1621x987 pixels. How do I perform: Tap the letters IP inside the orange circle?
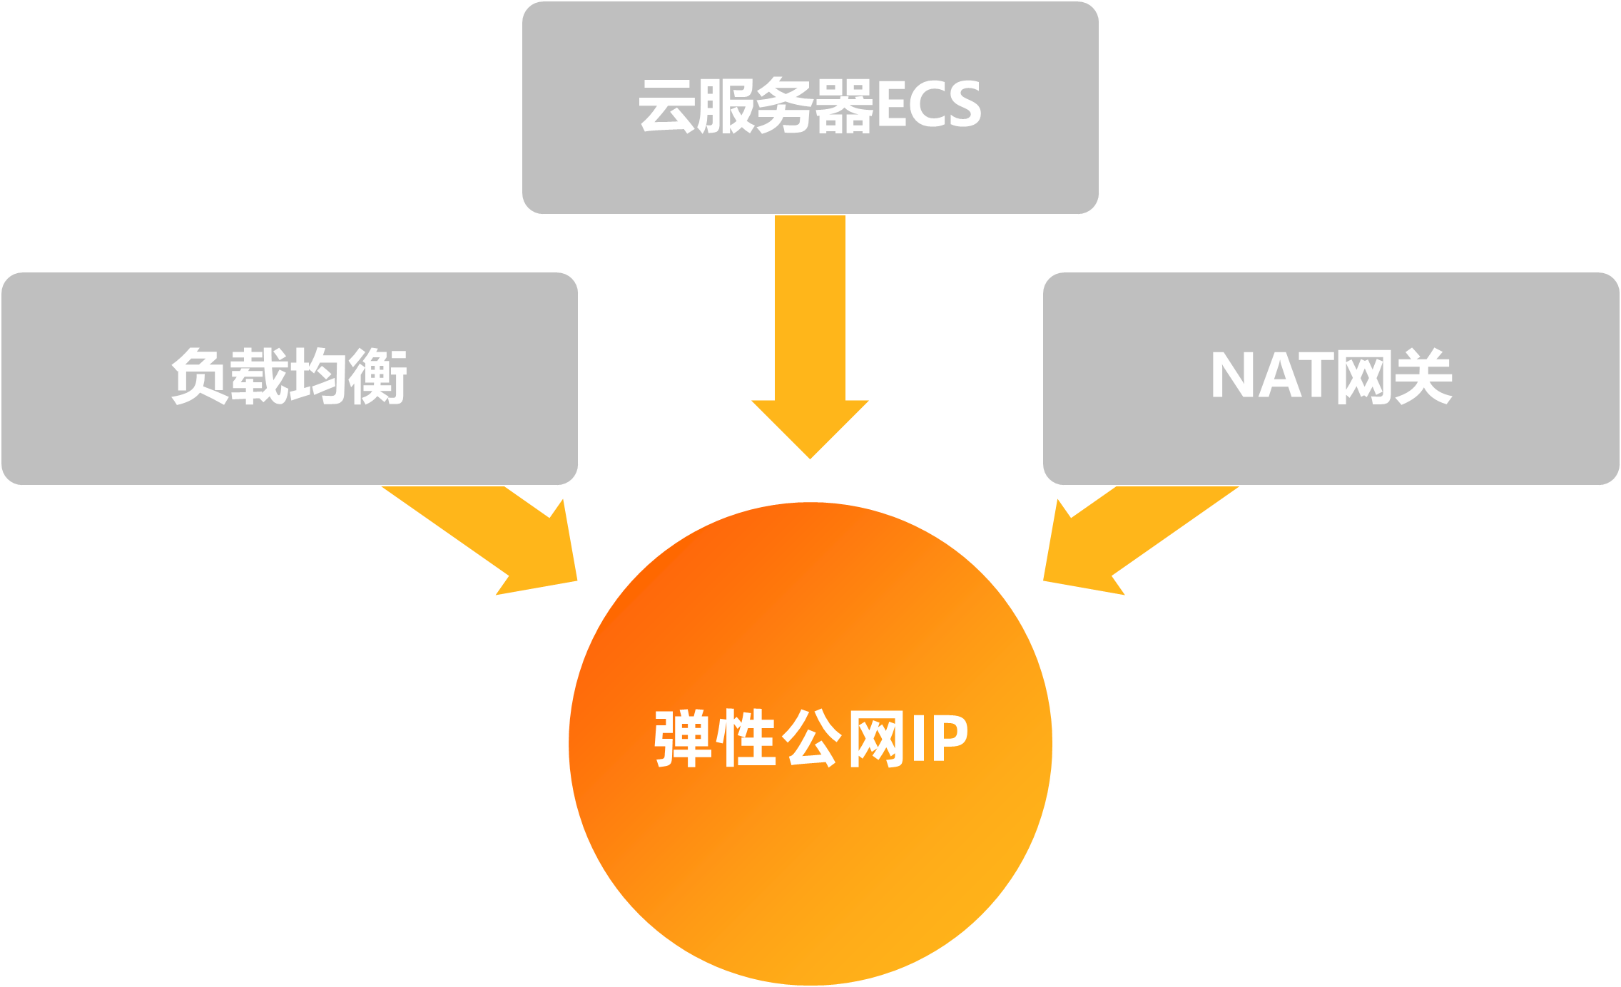coord(939,739)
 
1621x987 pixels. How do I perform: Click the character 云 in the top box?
coord(667,106)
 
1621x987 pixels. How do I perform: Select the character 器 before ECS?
coord(844,106)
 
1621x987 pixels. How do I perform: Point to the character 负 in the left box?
coord(200,376)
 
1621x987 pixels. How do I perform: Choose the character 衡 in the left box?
coord(377,376)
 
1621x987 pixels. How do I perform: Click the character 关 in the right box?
coord(1423,376)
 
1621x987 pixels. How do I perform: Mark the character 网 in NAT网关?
coord(1364,376)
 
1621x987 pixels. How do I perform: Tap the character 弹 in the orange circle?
coord(682,739)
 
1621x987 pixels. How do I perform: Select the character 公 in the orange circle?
coord(811,739)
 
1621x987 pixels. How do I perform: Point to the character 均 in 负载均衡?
coord(318,376)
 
